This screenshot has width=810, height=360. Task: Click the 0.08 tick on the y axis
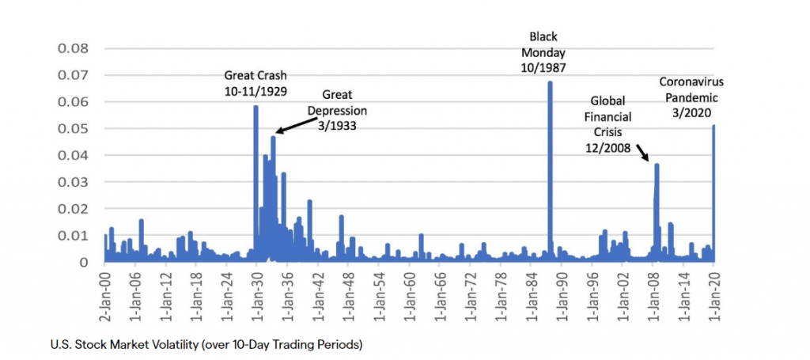point(73,48)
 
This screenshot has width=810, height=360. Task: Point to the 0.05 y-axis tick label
point(73,129)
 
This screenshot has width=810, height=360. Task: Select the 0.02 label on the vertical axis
point(73,209)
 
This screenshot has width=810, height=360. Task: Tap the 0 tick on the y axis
point(84,263)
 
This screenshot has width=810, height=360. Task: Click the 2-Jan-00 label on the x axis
point(104,290)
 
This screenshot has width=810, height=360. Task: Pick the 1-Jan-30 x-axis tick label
point(256,290)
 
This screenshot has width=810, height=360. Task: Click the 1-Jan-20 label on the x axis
point(714,290)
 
